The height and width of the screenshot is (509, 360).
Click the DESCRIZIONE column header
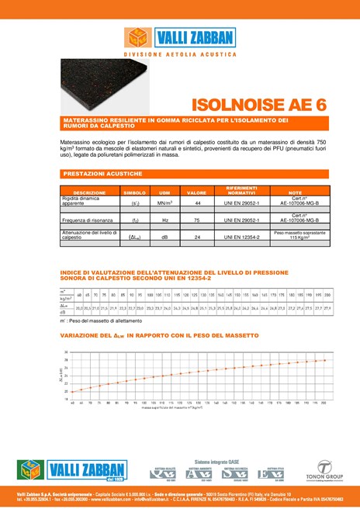tap(89, 192)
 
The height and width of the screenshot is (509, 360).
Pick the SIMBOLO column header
tap(135, 192)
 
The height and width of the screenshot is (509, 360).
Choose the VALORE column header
tap(197, 192)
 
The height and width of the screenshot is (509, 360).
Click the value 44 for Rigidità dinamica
tap(198, 203)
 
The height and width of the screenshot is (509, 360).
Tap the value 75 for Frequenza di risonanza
tap(198, 220)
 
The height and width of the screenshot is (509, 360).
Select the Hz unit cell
tap(164, 220)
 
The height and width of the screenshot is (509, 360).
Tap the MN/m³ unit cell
tap(164, 203)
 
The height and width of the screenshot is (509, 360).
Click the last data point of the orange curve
tap(324, 360)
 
